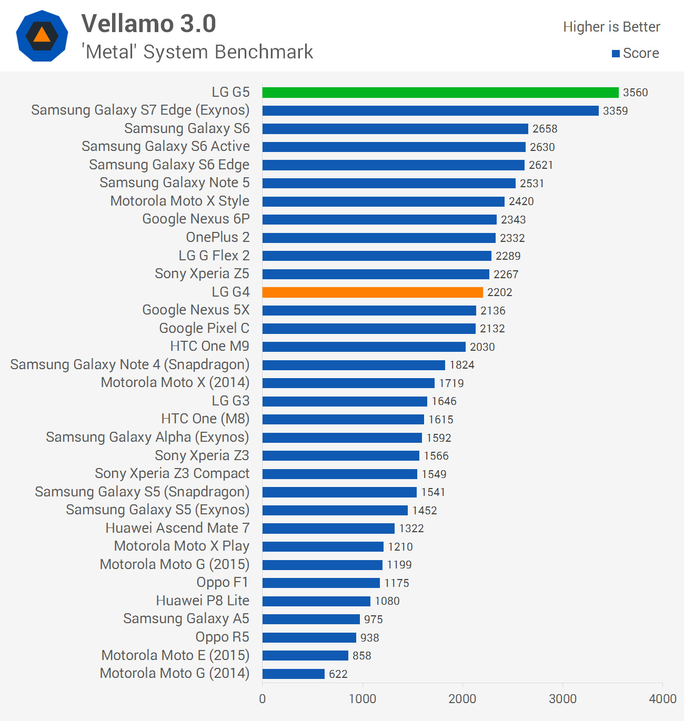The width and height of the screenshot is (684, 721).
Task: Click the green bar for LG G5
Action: [x=440, y=93]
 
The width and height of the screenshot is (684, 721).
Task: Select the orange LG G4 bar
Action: [x=373, y=292]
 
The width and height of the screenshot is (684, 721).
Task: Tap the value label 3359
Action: [x=615, y=111]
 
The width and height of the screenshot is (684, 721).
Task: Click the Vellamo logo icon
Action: [x=42, y=36]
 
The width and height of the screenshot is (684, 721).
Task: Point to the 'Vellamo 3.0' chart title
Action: [x=149, y=24]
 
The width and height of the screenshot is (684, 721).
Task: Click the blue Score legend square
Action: [x=616, y=54]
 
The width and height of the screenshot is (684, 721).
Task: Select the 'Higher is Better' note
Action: [x=611, y=27]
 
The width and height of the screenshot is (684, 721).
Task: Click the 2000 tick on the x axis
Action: [x=462, y=699]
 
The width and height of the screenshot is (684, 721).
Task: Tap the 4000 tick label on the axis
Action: [x=662, y=699]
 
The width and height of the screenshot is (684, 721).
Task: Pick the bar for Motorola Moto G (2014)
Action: [x=294, y=674]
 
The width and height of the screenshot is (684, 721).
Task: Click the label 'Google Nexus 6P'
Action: [x=196, y=219]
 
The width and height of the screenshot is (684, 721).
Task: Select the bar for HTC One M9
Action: [x=364, y=347]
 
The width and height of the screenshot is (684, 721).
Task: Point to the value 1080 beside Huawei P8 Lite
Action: [x=387, y=601]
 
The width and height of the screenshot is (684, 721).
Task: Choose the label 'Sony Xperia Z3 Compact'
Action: [x=172, y=474]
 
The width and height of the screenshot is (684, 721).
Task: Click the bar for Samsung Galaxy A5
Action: [x=311, y=619]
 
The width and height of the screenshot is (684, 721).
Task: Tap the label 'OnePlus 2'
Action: [x=218, y=238]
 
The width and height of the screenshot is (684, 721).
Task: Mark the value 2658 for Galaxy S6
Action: [x=545, y=129]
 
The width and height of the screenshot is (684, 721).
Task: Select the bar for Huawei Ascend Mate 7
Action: [x=328, y=528]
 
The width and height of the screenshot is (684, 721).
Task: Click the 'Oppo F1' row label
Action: [x=223, y=583]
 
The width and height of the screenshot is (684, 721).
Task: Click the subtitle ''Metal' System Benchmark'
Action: [x=197, y=52]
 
